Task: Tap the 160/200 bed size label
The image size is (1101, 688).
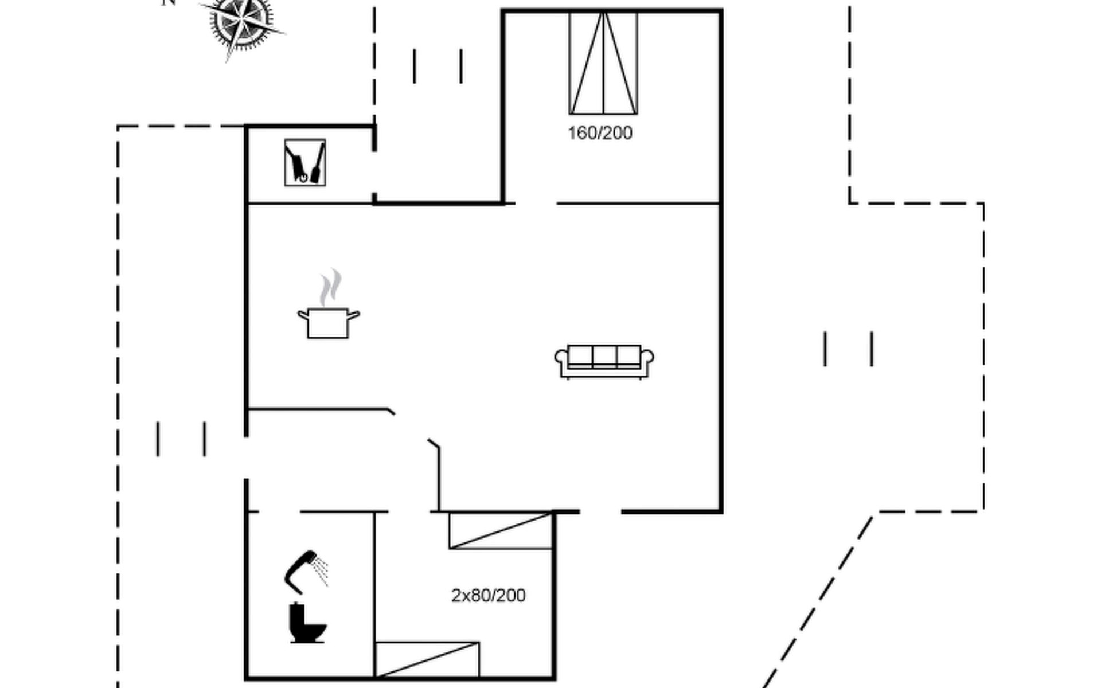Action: (600, 133)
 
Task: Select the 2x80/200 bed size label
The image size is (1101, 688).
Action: (488, 596)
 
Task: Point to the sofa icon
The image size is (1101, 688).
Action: (604, 361)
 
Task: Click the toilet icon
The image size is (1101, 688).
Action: (307, 623)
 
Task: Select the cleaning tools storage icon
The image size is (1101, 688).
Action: (305, 163)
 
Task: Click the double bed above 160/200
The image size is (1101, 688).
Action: (603, 63)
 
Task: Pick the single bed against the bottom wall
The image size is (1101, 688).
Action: (427, 660)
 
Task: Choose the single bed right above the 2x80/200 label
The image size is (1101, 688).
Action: (501, 531)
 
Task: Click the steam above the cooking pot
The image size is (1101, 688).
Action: (331, 288)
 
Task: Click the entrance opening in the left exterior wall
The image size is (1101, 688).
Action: (247, 458)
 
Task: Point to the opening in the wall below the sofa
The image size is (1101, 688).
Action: (600, 511)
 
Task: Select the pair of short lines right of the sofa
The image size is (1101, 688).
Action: (849, 349)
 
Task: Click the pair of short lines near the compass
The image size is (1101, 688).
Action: (438, 66)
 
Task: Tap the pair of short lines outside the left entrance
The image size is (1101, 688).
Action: (181, 439)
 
